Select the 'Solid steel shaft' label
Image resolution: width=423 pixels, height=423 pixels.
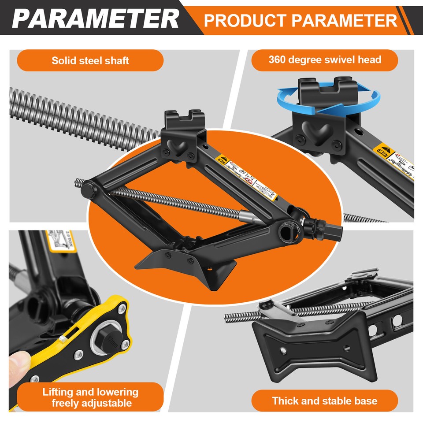[x=90, y=60]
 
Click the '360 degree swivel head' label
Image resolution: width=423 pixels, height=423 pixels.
[x=325, y=59]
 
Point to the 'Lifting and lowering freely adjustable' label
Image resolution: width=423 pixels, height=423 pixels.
[x=90, y=397]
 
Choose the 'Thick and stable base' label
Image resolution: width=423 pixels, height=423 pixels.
[x=325, y=401]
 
